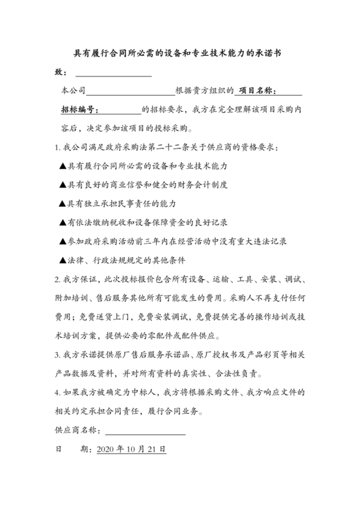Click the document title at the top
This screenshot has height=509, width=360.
point(179,55)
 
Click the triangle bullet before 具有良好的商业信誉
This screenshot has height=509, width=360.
point(62,184)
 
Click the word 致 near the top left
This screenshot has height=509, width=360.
point(59,73)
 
